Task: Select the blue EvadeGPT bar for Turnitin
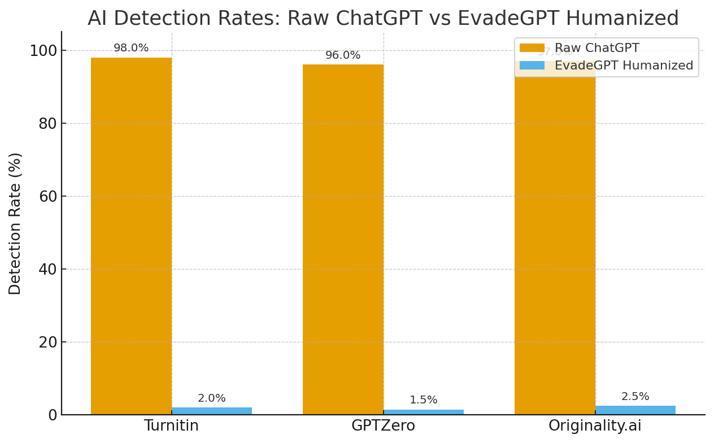click(x=212, y=411)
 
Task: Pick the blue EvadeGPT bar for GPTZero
click(x=424, y=412)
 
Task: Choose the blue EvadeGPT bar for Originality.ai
click(x=635, y=410)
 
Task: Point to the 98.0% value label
click(x=131, y=49)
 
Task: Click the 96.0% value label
click(x=343, y=56)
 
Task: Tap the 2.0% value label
click(x=212, y=399)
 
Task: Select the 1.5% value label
click(x=424, y=401)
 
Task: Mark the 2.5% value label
click(x=635, y=397)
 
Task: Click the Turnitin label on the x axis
click(x=171, y=426)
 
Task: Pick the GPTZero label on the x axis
click(x=383, y=426)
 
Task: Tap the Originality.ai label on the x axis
click(x=595, y=426)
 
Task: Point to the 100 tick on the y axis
click(x=43, y=51)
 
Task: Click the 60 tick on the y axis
click(x=48, y=197)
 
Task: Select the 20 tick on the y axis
click(x=48, y=342)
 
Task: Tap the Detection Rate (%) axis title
click(x=15, y=223)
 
